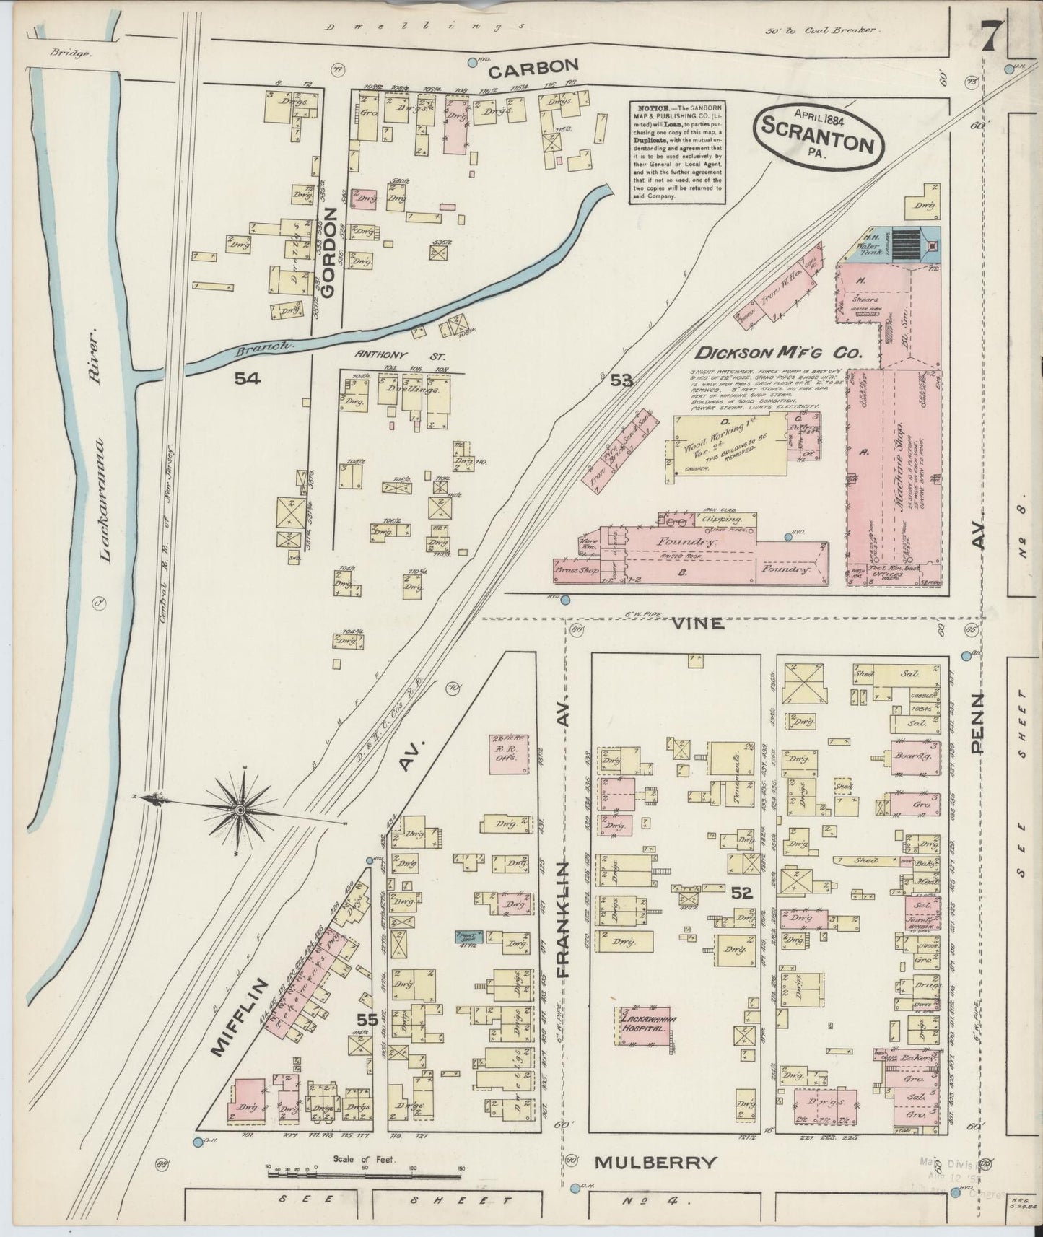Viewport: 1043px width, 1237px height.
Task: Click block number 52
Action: pyautogui.click(x=741, y=893)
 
